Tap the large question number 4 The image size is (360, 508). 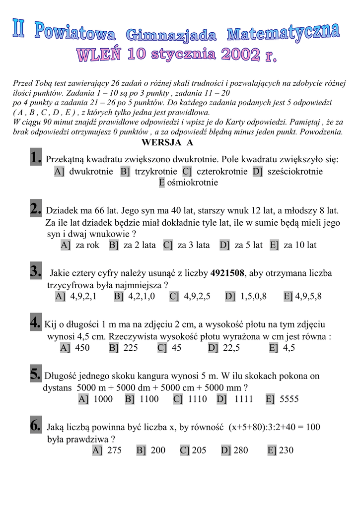click(x=35, y=322)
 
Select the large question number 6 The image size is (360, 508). click(x=35, y=425)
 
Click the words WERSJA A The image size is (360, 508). click(x=167, y=143)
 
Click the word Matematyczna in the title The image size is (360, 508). click(x=283, y=33)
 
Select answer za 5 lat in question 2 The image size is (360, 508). click(x=248, y=245)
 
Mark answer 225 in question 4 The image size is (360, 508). click(x=130, y=348)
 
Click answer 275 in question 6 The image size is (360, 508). click(x=114, y=450)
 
